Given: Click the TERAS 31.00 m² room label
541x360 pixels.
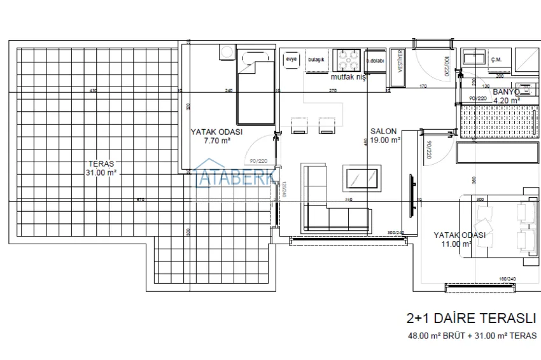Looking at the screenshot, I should [101, 168].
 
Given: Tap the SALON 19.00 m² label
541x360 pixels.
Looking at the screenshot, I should [385, 135].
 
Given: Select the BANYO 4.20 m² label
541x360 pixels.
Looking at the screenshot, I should [507, 96].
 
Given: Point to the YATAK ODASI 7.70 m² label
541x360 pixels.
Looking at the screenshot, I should [216, 136].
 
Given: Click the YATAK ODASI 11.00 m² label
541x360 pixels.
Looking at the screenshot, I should [460, 239].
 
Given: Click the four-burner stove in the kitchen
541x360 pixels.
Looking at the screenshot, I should [349, 61].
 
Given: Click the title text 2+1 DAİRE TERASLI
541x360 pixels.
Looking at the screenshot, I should [471, 318].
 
